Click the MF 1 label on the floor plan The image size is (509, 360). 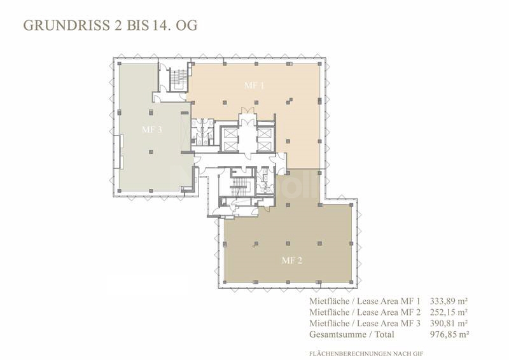[x=254, y=85]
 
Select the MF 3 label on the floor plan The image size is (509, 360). [x=151, y=128]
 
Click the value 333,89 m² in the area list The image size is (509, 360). [x=449, y=301]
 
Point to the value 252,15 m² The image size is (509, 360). [x=449, y=312]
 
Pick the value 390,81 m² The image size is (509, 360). [x=449, y=323]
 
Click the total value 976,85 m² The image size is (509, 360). [x=449, y=334]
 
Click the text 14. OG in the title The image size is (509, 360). [x=179, y=26]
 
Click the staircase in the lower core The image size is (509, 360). [x=240, y=187]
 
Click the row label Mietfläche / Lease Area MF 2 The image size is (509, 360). [x=366, y=312]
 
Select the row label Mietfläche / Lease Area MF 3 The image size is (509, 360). [x=366, y=323]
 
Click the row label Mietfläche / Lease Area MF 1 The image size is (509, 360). [x=366, y=301]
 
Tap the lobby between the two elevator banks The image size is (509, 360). [x=246, y=137]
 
